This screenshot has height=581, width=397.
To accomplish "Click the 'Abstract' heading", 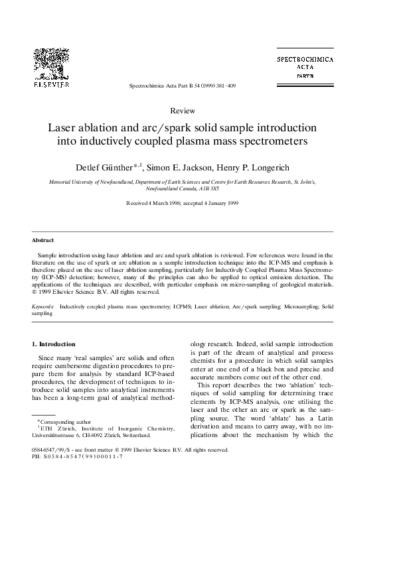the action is (42, 239).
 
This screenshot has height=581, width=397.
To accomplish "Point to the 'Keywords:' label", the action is (44, 308).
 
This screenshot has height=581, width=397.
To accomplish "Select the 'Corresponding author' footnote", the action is (60, 421).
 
